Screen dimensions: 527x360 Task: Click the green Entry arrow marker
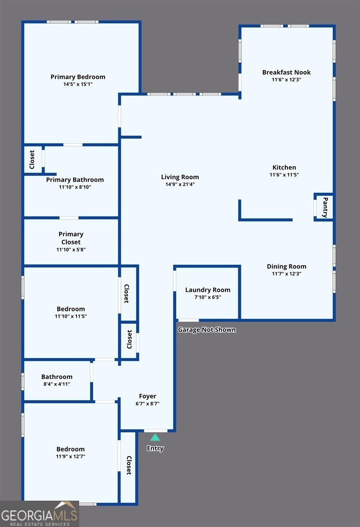(155, 437)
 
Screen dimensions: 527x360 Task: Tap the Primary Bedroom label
(78, 77)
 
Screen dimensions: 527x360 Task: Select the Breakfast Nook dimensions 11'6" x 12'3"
(286, 80)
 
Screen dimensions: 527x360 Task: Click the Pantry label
(325, 207)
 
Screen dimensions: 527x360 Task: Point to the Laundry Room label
(207, 290)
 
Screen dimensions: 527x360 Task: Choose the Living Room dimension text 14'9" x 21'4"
(180, 184)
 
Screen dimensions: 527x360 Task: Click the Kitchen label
(284, 167)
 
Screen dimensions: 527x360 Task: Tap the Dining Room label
(287, 266)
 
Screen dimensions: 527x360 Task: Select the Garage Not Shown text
(207, 330)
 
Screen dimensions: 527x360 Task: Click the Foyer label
(147, 396)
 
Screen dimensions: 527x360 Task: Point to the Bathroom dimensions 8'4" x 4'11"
(57, 384)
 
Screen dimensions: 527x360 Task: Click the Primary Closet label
(71, 238)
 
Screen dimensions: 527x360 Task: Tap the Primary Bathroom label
(75, 180)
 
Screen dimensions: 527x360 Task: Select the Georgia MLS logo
(40, 513)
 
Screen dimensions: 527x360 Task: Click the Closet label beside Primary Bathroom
(32, 159)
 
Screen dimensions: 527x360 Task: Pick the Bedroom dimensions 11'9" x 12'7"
(70, 456)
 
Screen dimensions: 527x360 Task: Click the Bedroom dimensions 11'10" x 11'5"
(71, 316)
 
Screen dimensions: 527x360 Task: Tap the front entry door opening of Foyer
(156, 431)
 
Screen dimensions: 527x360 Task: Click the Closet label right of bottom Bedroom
(129, 466)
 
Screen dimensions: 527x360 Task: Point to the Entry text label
(155, 448)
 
